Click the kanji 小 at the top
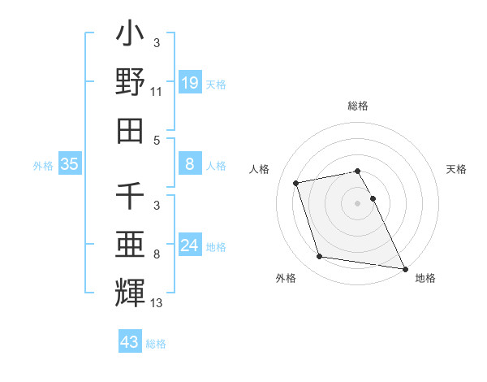click(131, 36)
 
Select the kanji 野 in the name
click(131, 83)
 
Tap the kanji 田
click(131, 130)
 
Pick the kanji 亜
click(131, 244)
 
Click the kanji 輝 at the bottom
click(131, 292)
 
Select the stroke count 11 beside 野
click(157, 93)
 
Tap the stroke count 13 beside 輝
click(157, 302)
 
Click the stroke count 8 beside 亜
click(157, 254)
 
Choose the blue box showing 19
click(189, 82)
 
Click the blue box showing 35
click(70, 165)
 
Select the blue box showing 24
click(189, 245)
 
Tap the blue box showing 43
click(130, 342)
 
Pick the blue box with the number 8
click(189, 165)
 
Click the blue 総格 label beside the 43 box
click(156, 344)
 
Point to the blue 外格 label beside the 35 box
click(43, 166)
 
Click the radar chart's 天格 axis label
click(456, 169)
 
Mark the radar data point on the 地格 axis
click(404, 267)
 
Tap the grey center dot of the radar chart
click(357, 202)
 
